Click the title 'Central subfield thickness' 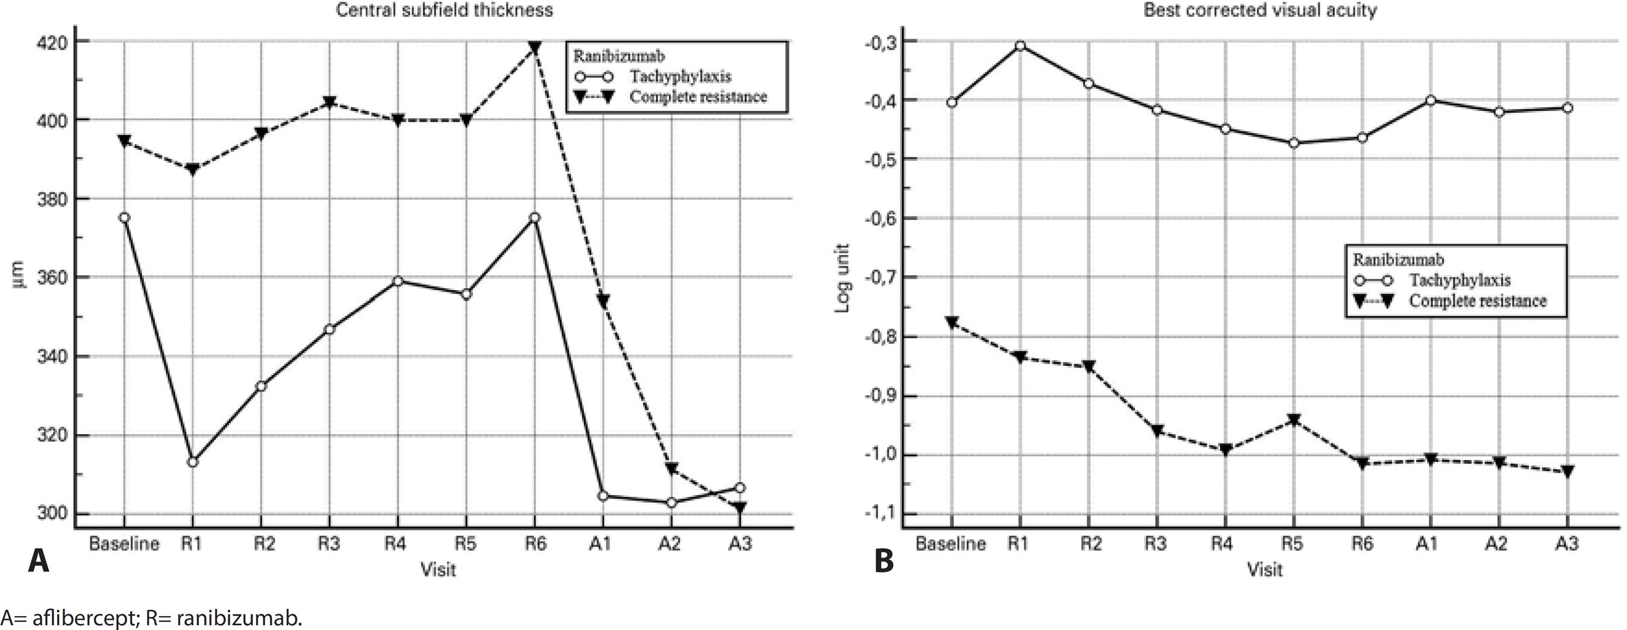(444, 10)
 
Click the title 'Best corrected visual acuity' (1260, 10)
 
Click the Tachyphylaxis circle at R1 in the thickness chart (193, 462)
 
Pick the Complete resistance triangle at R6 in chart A (534, 48)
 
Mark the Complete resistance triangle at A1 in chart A (603, 301)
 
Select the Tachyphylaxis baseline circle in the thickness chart (124, 218)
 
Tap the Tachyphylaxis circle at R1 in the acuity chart (1020, 46)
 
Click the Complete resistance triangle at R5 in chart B (1294, 420)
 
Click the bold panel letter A (39, 561)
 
